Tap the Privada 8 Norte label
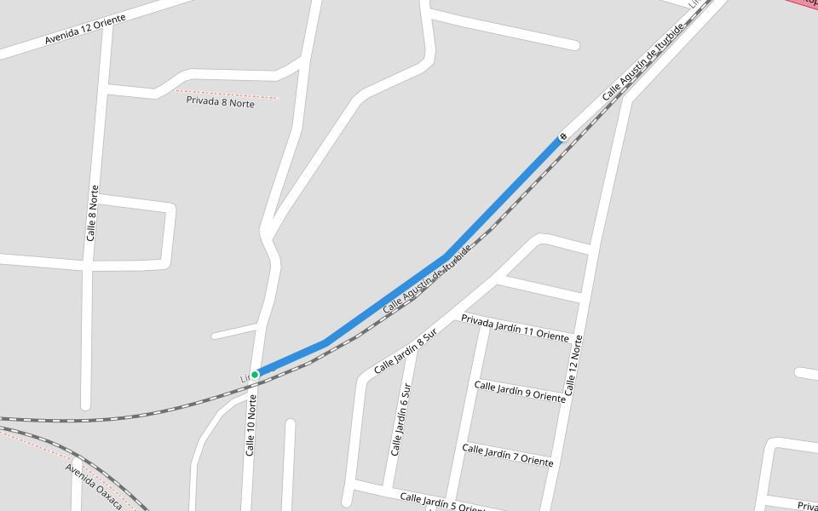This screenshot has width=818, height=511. point(220,103)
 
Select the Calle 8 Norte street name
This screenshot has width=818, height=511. point(91,213)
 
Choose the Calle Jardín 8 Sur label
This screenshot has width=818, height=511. point(405,351)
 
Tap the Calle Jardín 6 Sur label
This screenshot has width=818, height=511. point(400,419)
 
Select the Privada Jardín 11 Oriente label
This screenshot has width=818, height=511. point(515,328)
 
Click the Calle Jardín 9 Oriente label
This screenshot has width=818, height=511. point(520,392)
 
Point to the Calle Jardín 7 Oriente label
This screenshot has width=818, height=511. point(508,455)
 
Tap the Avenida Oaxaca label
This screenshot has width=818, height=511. point(95,485)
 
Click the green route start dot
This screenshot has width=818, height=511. point(255,375)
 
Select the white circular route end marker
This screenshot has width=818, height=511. point(562,136)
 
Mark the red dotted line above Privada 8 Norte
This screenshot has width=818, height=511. point(227,93)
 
